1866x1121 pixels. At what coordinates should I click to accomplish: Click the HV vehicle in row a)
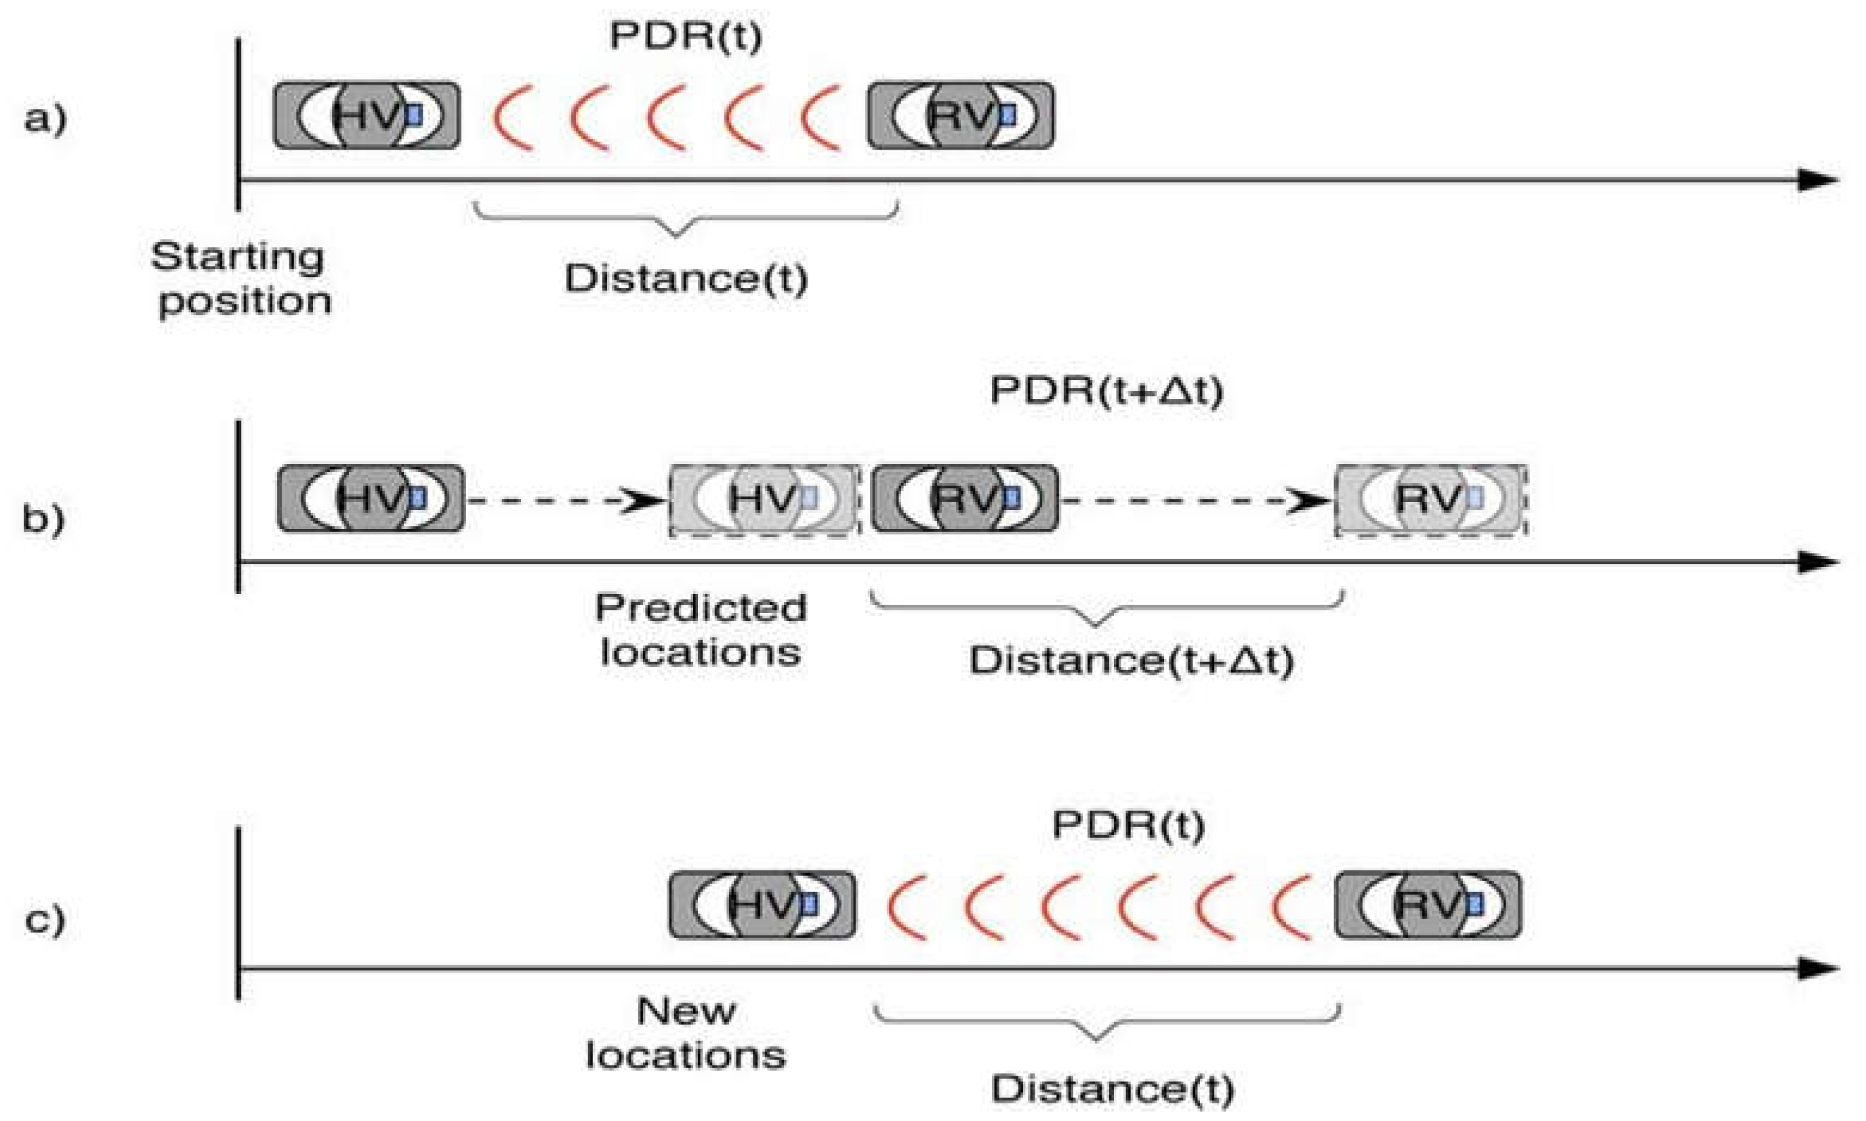point(367,116)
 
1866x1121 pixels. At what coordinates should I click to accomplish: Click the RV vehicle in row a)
point(960,116)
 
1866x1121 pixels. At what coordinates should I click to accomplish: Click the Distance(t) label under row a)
point(686,279)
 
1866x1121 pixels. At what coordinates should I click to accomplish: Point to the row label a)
point(45,119)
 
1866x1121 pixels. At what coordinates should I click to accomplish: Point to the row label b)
point(43,519)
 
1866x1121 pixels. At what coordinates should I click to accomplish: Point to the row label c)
point(45,920)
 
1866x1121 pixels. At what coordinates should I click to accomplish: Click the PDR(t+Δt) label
point(1106,392)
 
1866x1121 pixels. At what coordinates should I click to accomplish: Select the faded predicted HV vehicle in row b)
point(764,499)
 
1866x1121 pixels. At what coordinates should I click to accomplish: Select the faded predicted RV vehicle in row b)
point(1431,499)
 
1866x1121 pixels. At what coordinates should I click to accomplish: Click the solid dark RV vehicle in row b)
point(965,499)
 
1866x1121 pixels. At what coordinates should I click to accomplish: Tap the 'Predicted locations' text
point(701,629)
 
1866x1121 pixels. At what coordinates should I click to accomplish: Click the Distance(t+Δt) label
point(1131,660)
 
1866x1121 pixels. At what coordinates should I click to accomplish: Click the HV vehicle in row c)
point(762,905)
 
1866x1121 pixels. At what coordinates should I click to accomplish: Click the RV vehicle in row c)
point(1428,905)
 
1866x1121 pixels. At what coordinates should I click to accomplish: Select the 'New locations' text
point(685,1033)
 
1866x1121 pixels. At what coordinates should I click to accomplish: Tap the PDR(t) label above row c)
point(1128,824)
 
